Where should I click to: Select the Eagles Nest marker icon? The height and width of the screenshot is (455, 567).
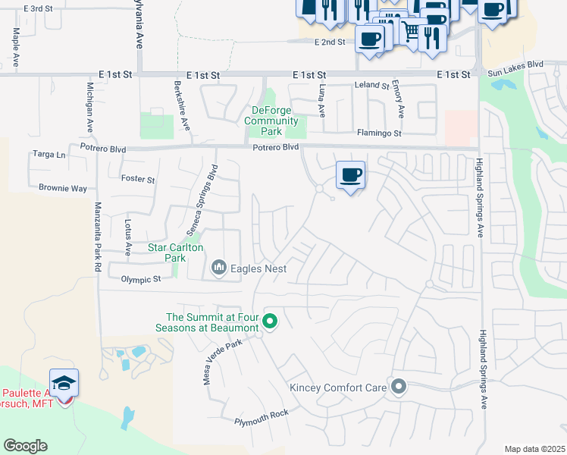pyautogui.click(x=220, y=267)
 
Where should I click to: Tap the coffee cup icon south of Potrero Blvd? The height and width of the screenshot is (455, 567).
pyautogui.click(x=350, y=176)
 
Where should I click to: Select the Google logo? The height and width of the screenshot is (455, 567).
pyautogui.click(x=25, y=446)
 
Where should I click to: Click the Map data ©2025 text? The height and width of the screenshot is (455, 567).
pyautogui.click(x=534, y=449)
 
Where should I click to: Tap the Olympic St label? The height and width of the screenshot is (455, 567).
pyautogui.click(x=141, y=279)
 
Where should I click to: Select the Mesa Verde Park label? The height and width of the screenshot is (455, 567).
pyautogui.click(x=221, y=362)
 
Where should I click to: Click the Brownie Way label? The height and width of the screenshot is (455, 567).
pyautogui.click(x=63, y=188)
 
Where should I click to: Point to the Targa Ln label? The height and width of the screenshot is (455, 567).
pyautogui.click(x=50, y=154)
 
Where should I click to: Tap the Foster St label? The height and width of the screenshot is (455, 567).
pyautogui.click(x=138, y=180)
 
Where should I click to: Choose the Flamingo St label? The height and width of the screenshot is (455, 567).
pyautogui.click(x=378, y=133)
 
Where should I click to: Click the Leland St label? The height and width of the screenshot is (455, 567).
pyautogui.click(x=371, y=86)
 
